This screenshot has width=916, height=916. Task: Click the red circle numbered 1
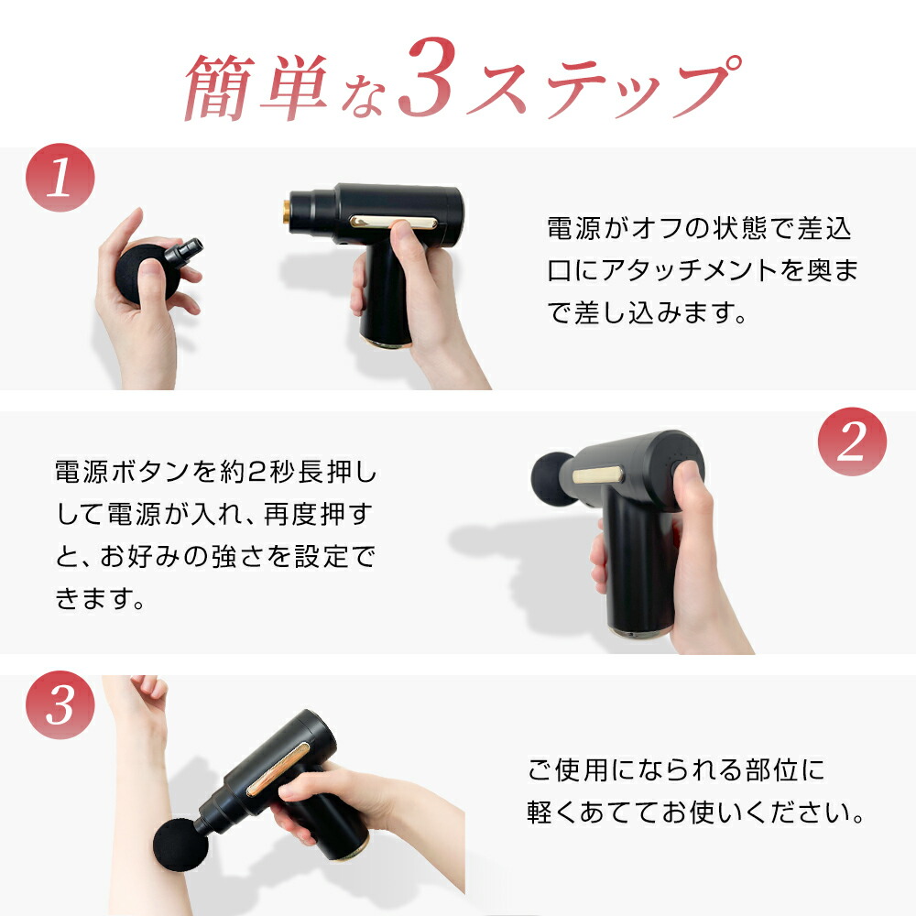(x=60, y=178)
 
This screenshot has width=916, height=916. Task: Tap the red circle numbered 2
(x=852, y=442)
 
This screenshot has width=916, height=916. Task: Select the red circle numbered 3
(x=60, y=705)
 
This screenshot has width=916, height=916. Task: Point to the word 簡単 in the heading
(x=256, y=88)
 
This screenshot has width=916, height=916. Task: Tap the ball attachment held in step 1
(x=147, y=273)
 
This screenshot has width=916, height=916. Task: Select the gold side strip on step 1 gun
(x=393, y=222)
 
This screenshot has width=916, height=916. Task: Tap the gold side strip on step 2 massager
(x=597, y=474)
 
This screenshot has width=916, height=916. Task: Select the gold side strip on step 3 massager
(x=278, y=769)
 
